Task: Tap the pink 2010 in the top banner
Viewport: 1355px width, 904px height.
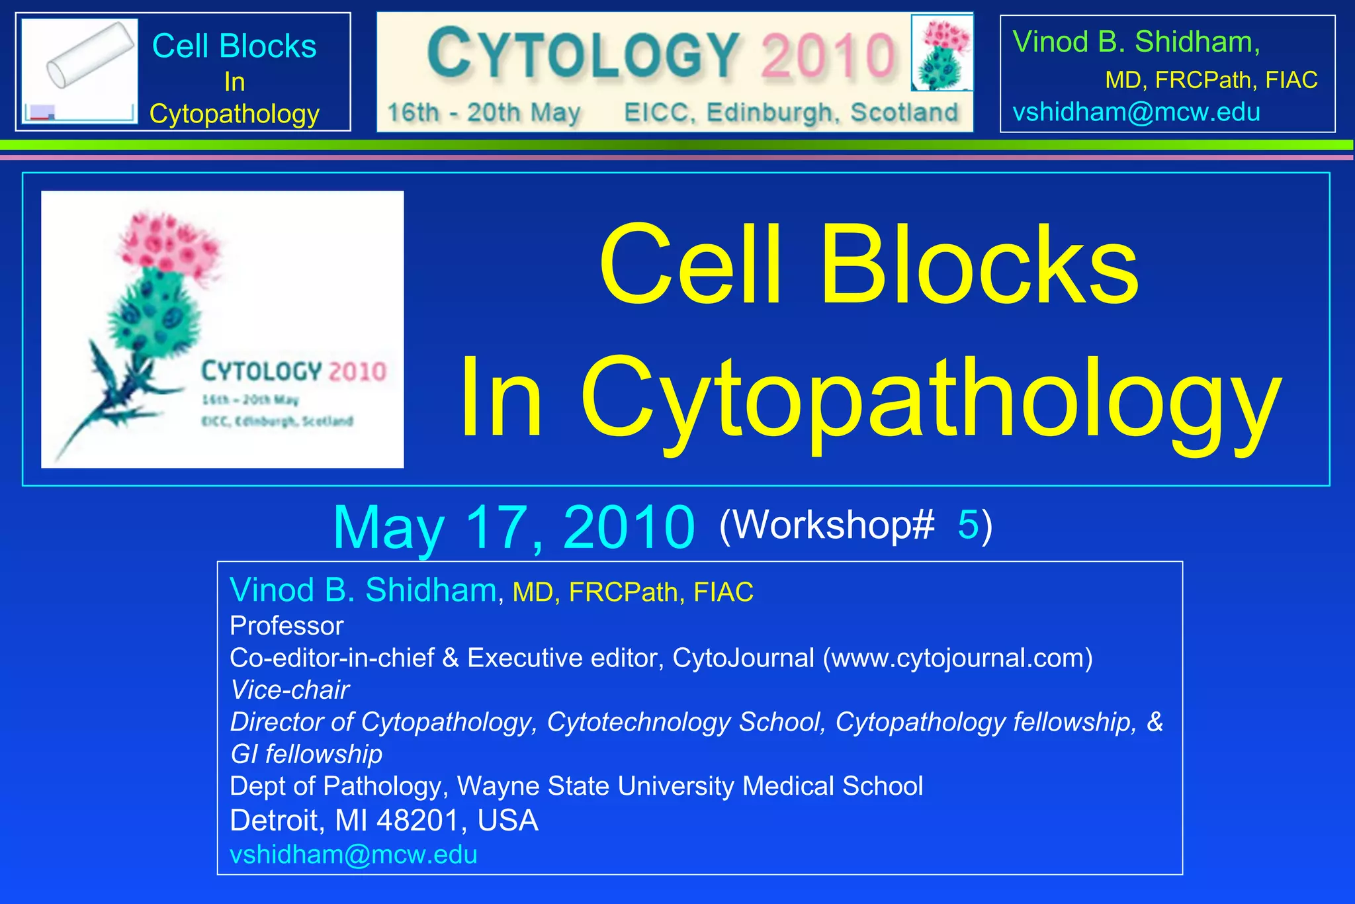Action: pos(828,54)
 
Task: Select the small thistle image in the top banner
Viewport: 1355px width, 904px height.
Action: pos(942,53)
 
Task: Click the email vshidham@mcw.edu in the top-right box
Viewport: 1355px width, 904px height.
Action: pos(1136,113)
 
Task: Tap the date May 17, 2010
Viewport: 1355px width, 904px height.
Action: pos(513,527)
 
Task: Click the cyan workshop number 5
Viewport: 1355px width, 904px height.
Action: pos(967,525)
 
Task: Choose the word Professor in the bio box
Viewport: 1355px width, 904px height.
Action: pos(286,626)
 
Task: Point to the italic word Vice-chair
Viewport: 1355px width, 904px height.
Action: pos(289,690)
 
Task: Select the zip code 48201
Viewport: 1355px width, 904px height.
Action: pos(417,821)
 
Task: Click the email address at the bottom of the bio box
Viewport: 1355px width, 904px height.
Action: pos(353,854)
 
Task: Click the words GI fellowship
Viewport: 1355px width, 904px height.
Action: pos(306,754)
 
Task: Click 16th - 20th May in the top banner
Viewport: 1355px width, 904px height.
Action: pos(484,113)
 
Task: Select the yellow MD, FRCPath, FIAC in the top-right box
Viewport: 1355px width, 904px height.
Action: pos(1211,80)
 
